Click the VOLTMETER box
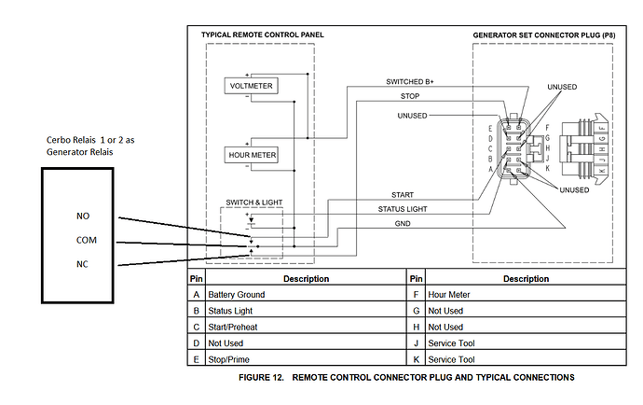tap(249, 87)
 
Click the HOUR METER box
tap(249, 155)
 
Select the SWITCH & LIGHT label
tap(256, 202)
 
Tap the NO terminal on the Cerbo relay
tap(82, 216)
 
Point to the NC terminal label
tap(82, 264)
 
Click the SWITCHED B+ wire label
tap(410, 82)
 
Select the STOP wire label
tap(410, 95)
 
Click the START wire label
tap(403, 195)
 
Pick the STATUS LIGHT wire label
tap(403, 210)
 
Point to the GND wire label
tap(403, 224)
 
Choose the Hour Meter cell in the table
tap(449, 295)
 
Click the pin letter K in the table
tap(415, 358)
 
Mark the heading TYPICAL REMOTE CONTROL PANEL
tap(263, 35)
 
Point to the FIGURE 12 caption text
tap(405, 378)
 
